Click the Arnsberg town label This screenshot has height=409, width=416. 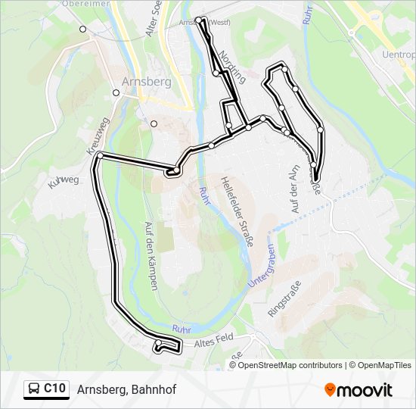click(147, 82)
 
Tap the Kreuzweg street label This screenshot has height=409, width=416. click(99, 136)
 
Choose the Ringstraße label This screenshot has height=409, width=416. click(285, 298)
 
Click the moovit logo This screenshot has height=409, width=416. click(359, 390)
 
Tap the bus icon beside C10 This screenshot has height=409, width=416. click(34, 389)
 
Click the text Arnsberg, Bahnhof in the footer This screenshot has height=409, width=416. click(126, 390)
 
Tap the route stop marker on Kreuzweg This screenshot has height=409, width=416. click(100, 155)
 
